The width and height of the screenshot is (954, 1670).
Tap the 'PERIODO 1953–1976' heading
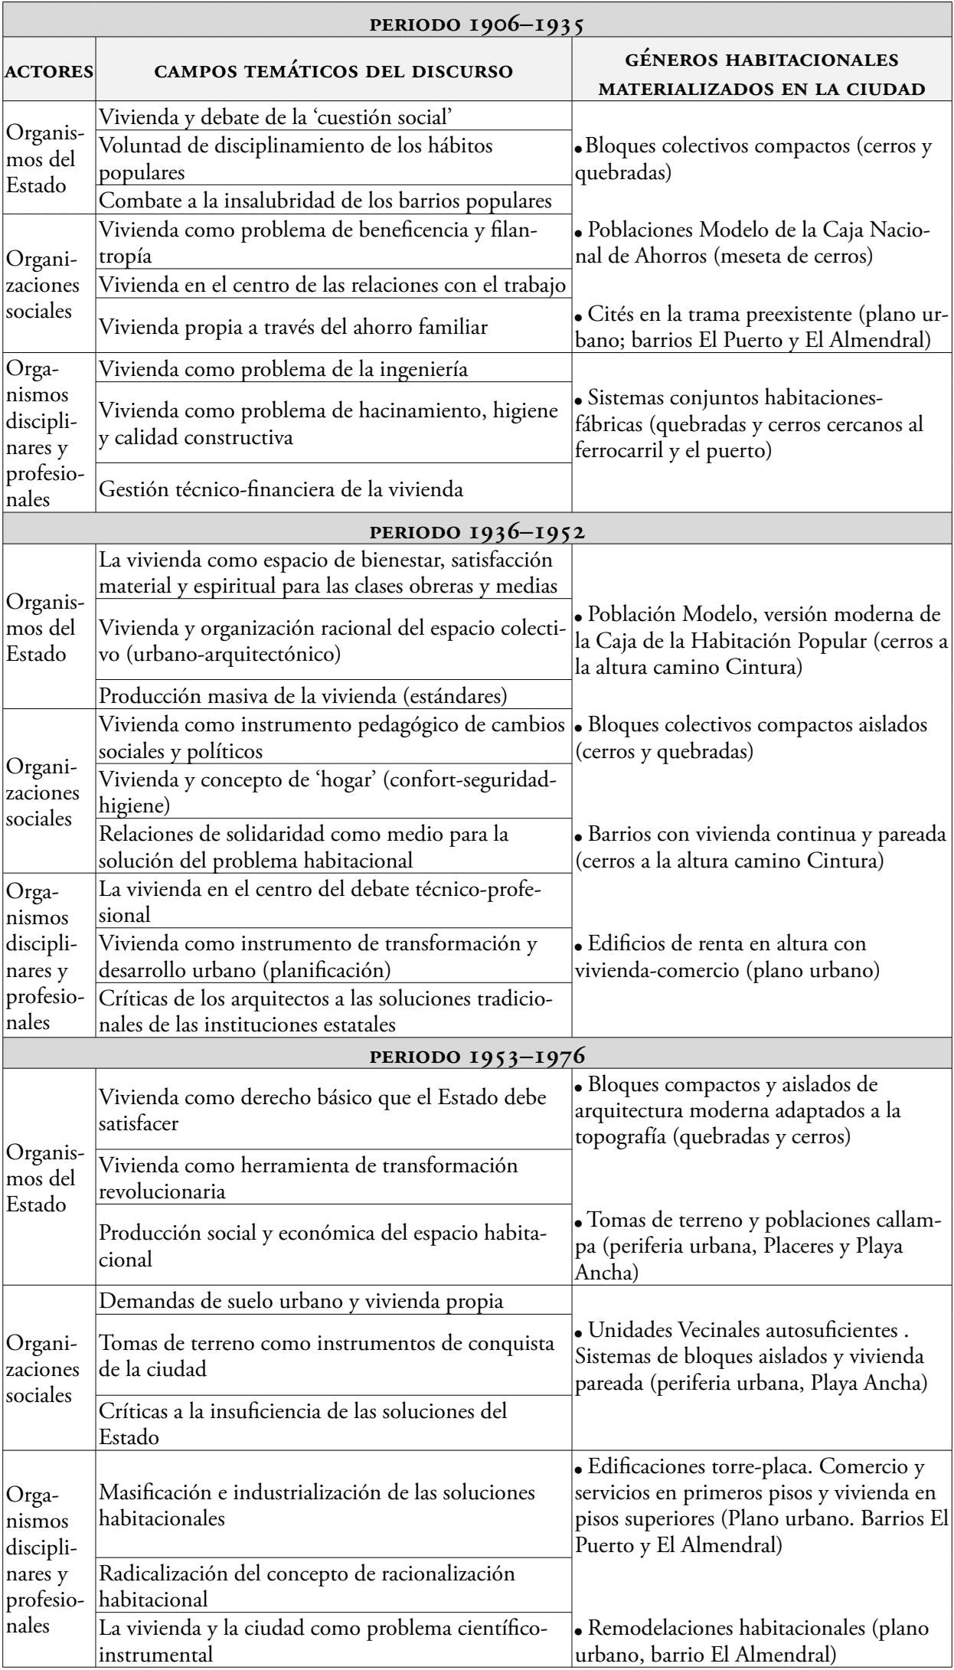[477, 1054]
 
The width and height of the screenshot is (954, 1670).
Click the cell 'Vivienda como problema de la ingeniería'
[284, 370]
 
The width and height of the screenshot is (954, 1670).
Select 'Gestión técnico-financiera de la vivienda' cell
[282, 489]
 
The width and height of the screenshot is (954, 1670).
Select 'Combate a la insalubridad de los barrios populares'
[326, 201]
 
